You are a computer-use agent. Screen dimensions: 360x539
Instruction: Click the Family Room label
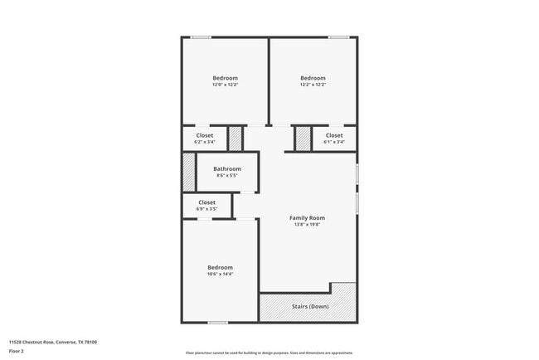point(306,218)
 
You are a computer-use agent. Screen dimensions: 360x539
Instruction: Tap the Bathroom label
point(227,169)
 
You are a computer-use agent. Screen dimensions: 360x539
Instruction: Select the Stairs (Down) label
point(310,307)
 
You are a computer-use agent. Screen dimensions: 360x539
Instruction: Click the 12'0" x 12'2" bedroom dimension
point(225,85)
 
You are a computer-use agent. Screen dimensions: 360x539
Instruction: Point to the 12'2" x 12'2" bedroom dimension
point(313,85)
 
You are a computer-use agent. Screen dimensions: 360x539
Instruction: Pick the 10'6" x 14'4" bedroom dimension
point(220,274)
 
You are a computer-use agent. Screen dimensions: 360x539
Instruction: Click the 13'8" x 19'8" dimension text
point(306,225)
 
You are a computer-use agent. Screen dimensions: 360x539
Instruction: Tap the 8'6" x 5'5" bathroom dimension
point(227,176)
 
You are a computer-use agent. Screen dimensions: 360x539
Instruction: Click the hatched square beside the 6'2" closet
point(236,139)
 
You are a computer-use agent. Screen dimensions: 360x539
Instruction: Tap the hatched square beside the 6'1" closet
point(303,139)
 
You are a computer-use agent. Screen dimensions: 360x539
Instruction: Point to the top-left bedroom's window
point(201,37)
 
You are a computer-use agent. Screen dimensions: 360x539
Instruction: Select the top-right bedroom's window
point(337,37)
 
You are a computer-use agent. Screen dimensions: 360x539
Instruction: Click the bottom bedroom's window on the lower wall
point(217,323)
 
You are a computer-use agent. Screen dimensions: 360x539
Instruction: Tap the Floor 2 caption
point(17,353)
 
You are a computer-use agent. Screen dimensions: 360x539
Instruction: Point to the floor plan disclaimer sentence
point(269,353)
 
